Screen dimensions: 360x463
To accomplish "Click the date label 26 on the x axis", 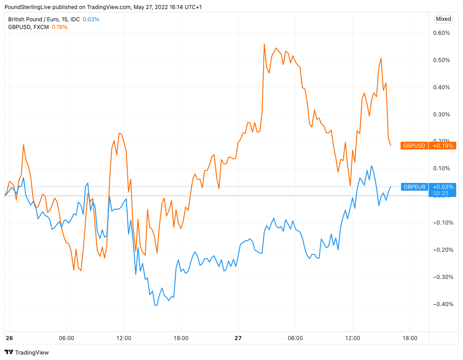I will point(9,338).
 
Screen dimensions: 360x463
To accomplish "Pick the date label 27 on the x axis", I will point(238,338).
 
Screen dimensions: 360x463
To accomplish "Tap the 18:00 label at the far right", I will point(410,338).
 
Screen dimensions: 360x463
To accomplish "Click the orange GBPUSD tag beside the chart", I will point(414,146).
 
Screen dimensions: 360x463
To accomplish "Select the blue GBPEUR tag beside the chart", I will point(414,187).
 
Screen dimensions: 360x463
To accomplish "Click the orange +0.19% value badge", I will point(442,146).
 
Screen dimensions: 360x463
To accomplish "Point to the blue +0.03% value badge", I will point(442,187).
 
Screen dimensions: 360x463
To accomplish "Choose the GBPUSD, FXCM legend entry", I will point(28,27).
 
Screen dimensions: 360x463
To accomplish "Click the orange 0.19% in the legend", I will point(60,27).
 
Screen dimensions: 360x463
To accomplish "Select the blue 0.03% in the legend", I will point(91,19).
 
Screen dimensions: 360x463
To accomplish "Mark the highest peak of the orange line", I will point(264,44).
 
